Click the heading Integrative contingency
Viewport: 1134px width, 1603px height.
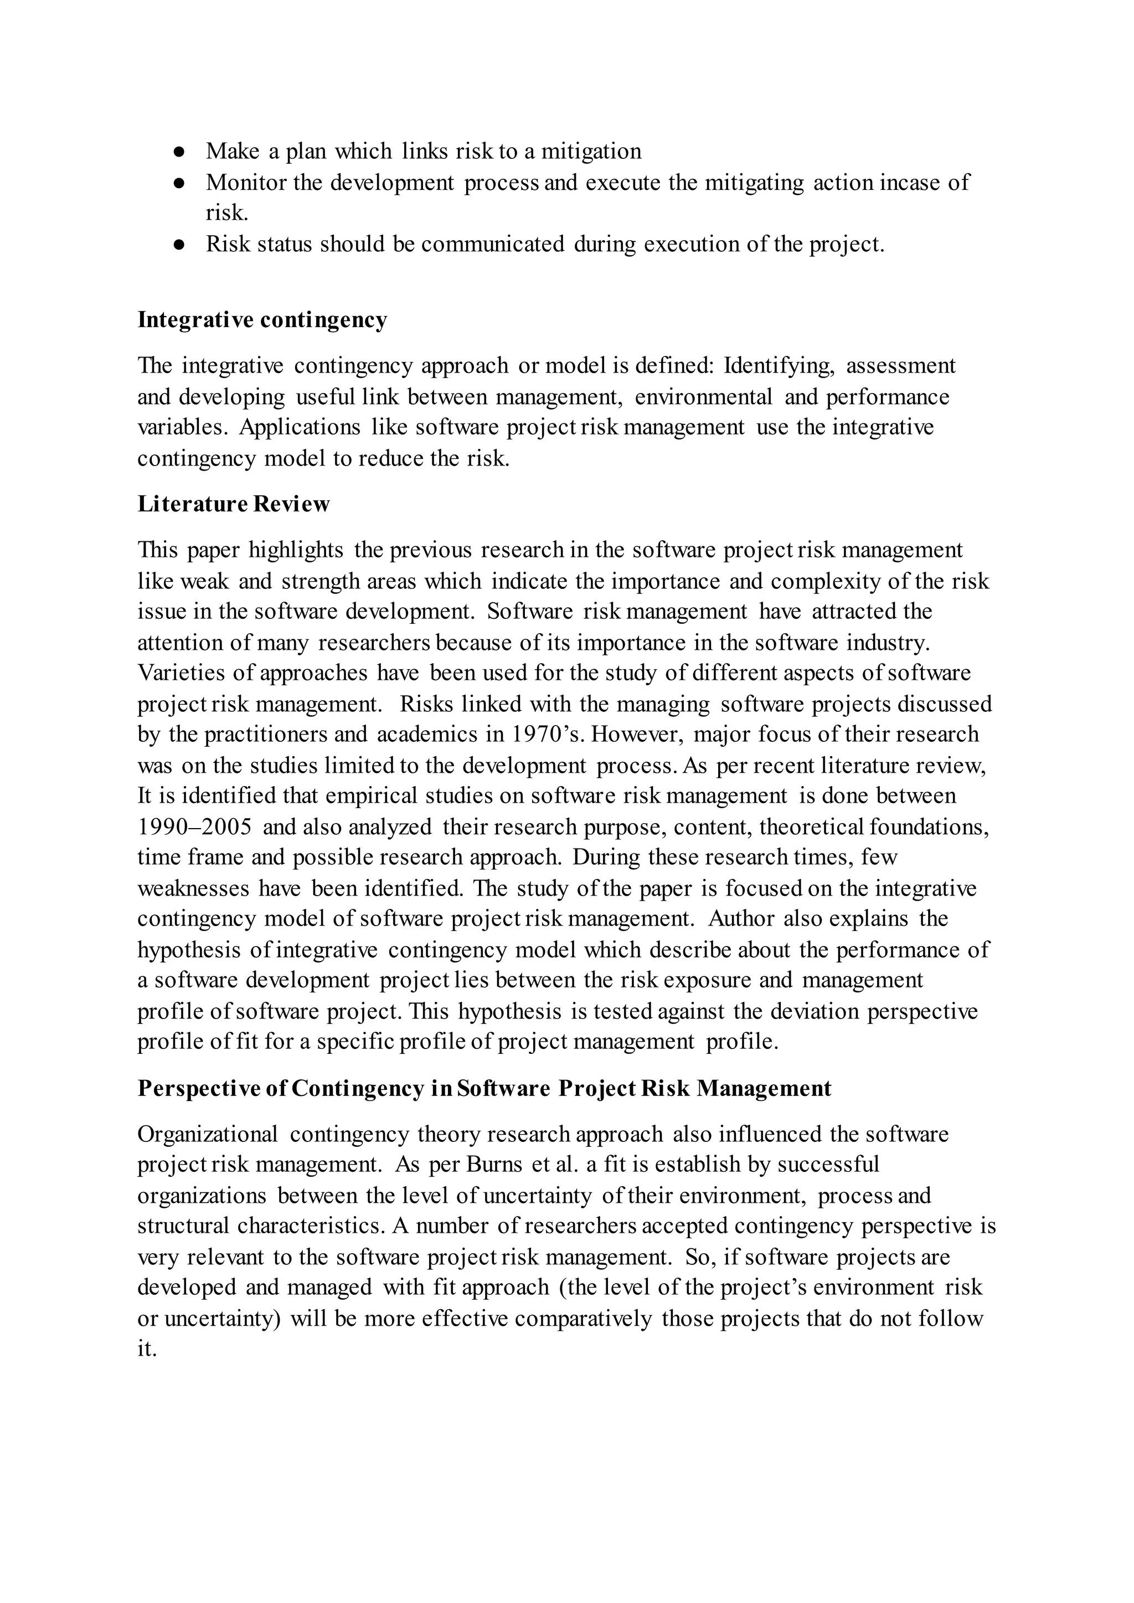(262, 320)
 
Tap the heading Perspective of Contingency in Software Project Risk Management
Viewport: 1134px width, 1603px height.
(484, 1088)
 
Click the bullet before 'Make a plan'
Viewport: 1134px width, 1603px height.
(179, 152)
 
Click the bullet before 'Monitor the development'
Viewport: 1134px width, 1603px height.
(179, 183)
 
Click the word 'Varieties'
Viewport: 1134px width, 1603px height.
(179, 673)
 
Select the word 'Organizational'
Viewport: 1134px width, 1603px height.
(208, 1134)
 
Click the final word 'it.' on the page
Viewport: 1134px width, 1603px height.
(147, 1349)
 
